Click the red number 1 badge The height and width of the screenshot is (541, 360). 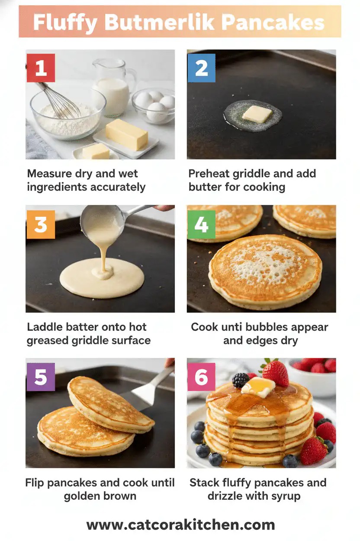[x=41, y=68]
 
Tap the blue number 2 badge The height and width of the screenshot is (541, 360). [x=201, y=68]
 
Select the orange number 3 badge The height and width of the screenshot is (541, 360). [x=41, y=225]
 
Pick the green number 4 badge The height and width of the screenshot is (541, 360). [x=201, y=225]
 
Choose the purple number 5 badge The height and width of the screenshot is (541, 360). [x=41, y=377]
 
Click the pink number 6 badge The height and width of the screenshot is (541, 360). [x=201, y=377]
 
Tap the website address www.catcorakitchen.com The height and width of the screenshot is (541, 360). [x=180, y=525]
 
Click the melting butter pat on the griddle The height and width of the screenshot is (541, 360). [x=257, y=114]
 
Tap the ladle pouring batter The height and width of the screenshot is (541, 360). [x=104, y=221]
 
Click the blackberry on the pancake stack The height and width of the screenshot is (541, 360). [x=241, y=380]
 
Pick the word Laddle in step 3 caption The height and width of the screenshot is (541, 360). [x=44, y=327]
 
